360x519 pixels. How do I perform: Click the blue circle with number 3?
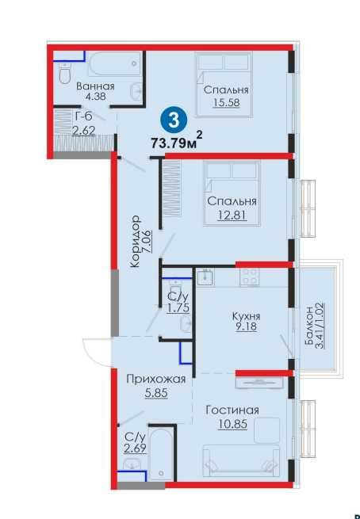coord(174,120)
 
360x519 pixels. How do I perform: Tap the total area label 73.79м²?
coord(177,142)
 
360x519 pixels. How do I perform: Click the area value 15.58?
coord(227,102)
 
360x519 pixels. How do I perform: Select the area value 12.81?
coord(232,216)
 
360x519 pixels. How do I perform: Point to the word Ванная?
coord(95,86)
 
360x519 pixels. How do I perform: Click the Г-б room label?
coord(84,116)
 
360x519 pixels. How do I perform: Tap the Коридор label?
coord(135,242)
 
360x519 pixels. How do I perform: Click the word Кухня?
coord(246,316)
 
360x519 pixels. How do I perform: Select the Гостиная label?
coord(232,410)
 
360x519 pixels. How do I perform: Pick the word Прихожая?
coord(156,380)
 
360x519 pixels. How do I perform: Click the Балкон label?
coord(310,326)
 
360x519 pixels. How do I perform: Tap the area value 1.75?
coord(178,308)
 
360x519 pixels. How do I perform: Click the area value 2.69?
coord(135,449)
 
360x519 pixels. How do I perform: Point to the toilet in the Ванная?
coord(65,74)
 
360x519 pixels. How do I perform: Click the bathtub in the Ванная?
coord(115,64)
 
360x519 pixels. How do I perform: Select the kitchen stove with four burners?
coord(249,277)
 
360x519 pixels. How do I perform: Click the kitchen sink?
coord(205,277)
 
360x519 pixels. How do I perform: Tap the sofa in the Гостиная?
coord(241,460)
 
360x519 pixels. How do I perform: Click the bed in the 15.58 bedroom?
coord(224,84)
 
